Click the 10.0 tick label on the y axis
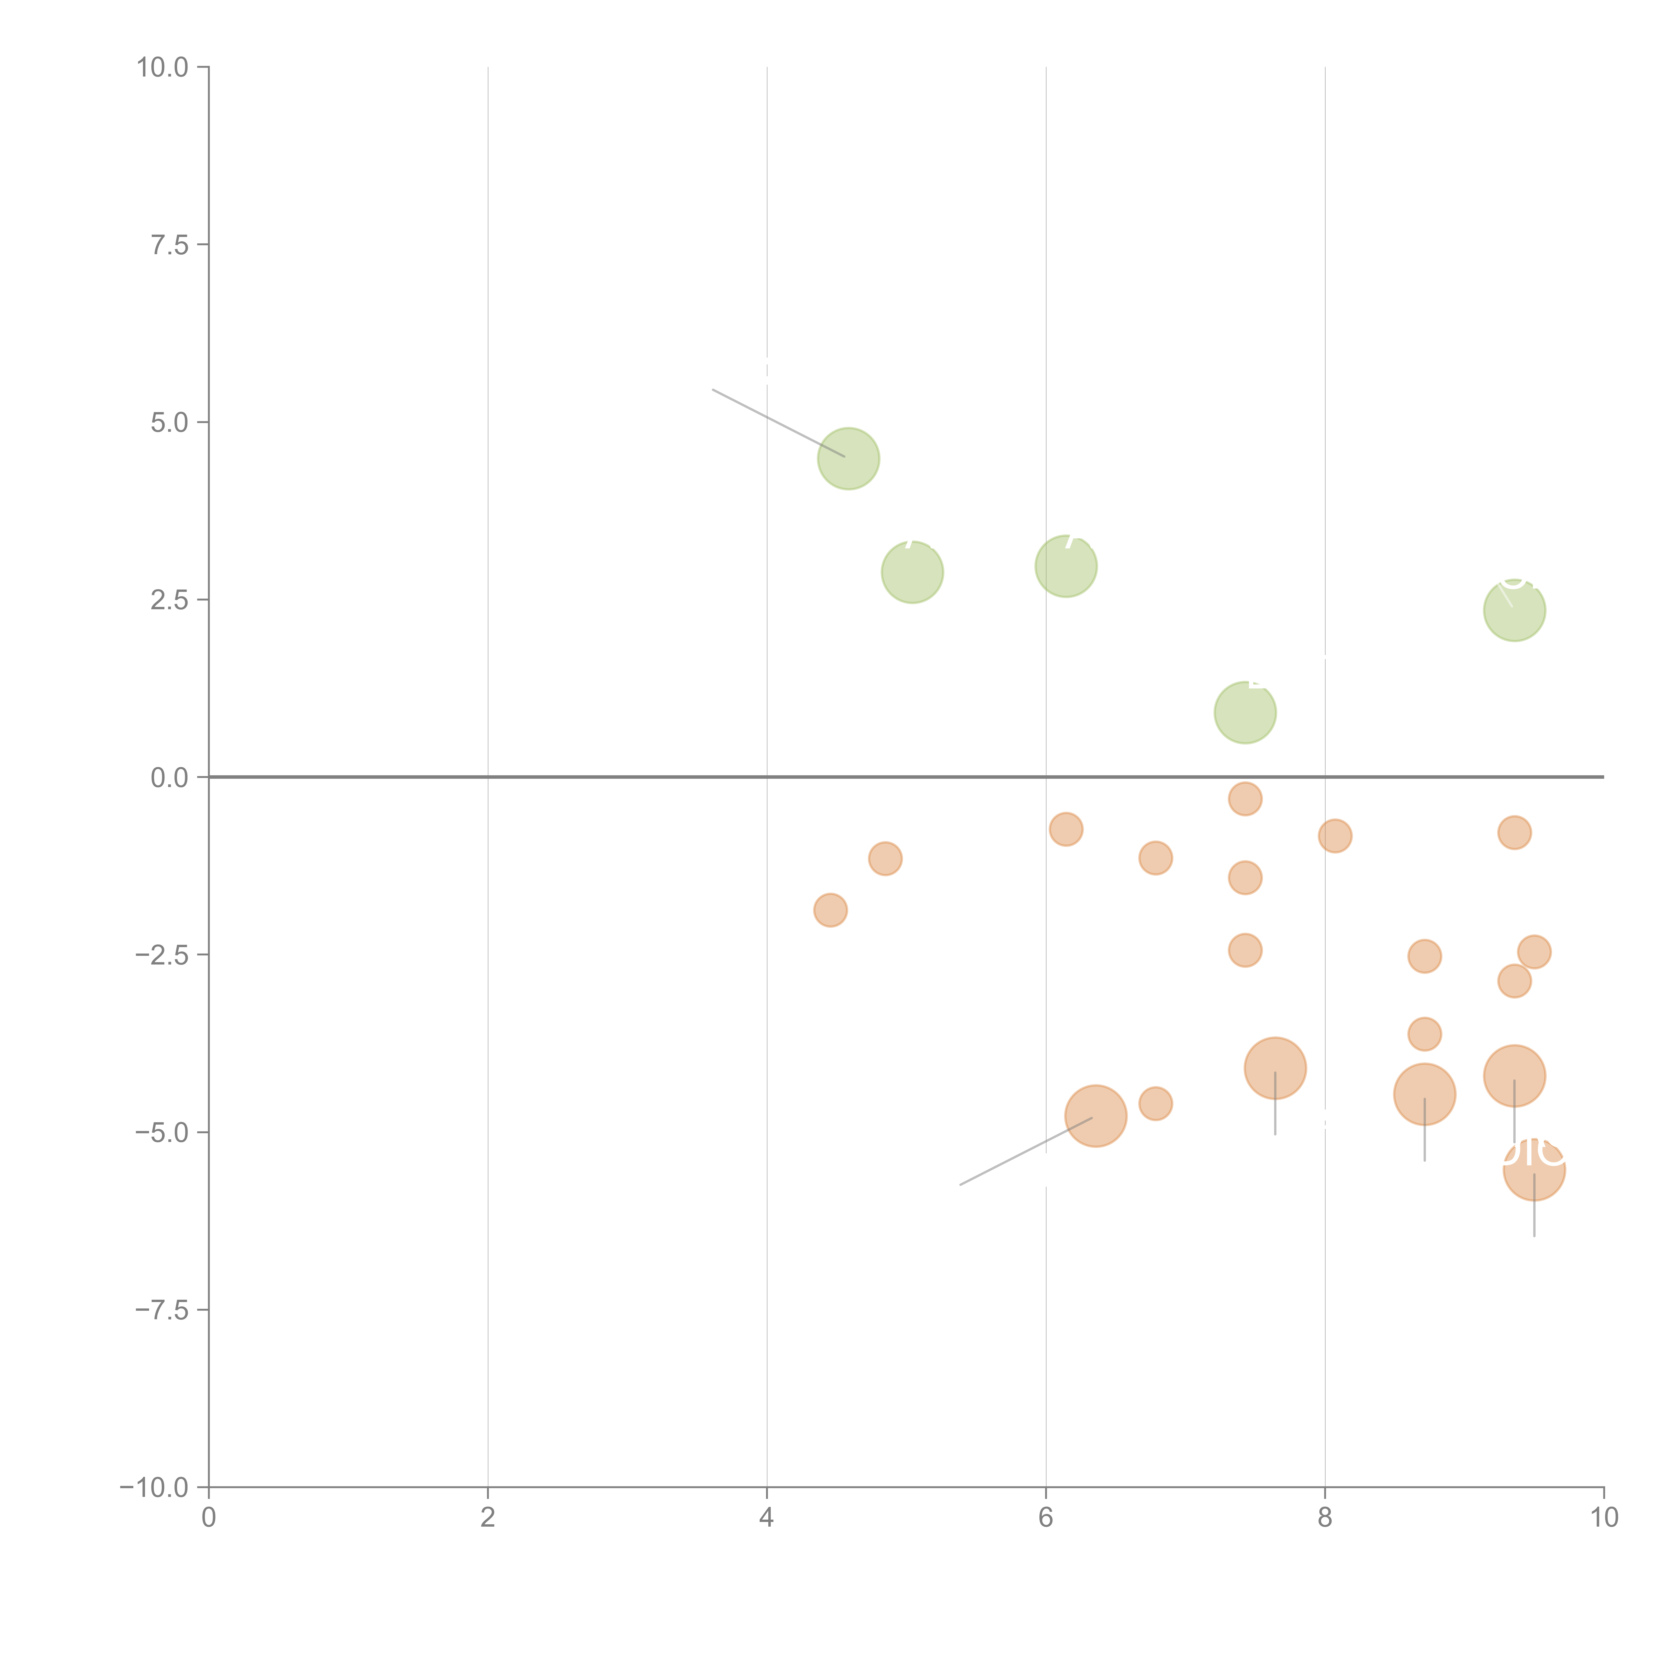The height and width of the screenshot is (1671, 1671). tap(163, 68)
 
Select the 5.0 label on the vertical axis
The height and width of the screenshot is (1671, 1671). tap(169, 423)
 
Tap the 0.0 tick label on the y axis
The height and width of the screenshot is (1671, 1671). tap(169, 778)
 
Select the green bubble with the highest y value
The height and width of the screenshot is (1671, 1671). tap(849, 459)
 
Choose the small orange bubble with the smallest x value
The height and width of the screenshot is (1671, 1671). tap(830, 910)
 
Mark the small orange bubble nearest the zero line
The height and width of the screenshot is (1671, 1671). tap(1245, 798)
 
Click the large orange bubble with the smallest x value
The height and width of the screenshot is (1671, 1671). tap(1095, 1116)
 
